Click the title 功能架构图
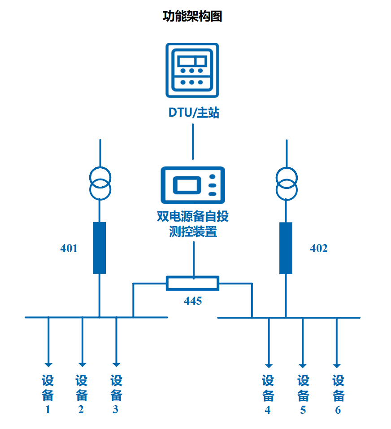tap(192, 17)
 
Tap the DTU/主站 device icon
tap(192, 70)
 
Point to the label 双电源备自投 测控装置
tap(193, 224)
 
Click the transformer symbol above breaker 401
tap(100, 184)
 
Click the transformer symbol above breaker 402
tap(286, 184)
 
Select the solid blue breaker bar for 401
tap(100, 248)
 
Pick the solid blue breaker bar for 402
tap(286, 248)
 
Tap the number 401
tap(69, 248)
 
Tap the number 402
tap(319, 248)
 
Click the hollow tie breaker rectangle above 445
tap(192, 283)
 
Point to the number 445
tap(193, 301)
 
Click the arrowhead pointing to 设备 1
tap(48, 364)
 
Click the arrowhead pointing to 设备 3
tap(116, 364)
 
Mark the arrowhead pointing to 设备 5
tap(303, 364)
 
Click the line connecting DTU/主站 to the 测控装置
tap(193, 141)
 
